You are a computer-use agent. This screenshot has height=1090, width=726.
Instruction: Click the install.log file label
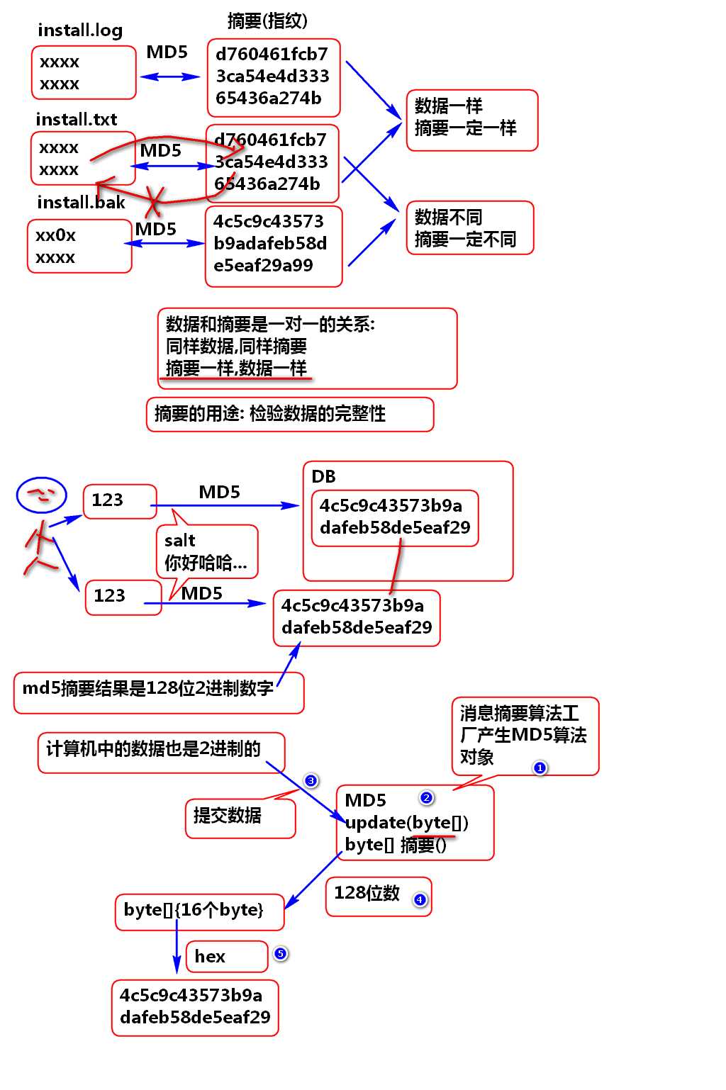[79, 30]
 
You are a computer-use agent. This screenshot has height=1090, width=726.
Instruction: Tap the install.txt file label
[76, 119]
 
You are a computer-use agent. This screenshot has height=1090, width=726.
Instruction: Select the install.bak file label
[81, 203]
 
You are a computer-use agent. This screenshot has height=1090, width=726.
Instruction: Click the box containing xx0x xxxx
[79, 246]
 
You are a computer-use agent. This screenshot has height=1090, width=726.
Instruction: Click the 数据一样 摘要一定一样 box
[471, 120]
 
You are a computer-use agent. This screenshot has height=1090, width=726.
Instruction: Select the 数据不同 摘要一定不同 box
[469, 227]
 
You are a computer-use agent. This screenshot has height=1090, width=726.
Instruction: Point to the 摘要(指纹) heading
[267, 21]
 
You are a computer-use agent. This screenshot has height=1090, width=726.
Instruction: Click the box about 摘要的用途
[290, 414]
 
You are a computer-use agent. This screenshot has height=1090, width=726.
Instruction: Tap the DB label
[323, 477]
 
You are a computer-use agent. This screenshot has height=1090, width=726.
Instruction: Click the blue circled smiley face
[42, 495]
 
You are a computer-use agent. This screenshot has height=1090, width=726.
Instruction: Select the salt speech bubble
[207, 552]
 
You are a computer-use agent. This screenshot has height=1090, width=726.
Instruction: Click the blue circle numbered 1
[540, 768]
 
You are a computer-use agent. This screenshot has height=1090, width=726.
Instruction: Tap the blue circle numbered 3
[311, 781]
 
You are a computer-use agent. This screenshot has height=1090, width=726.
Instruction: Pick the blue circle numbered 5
[281, 954]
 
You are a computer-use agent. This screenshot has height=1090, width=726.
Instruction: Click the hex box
[226, 957]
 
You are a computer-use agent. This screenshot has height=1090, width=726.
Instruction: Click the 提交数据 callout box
[240, 818]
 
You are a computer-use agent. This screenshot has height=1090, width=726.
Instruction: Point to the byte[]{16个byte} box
[199, 911]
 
